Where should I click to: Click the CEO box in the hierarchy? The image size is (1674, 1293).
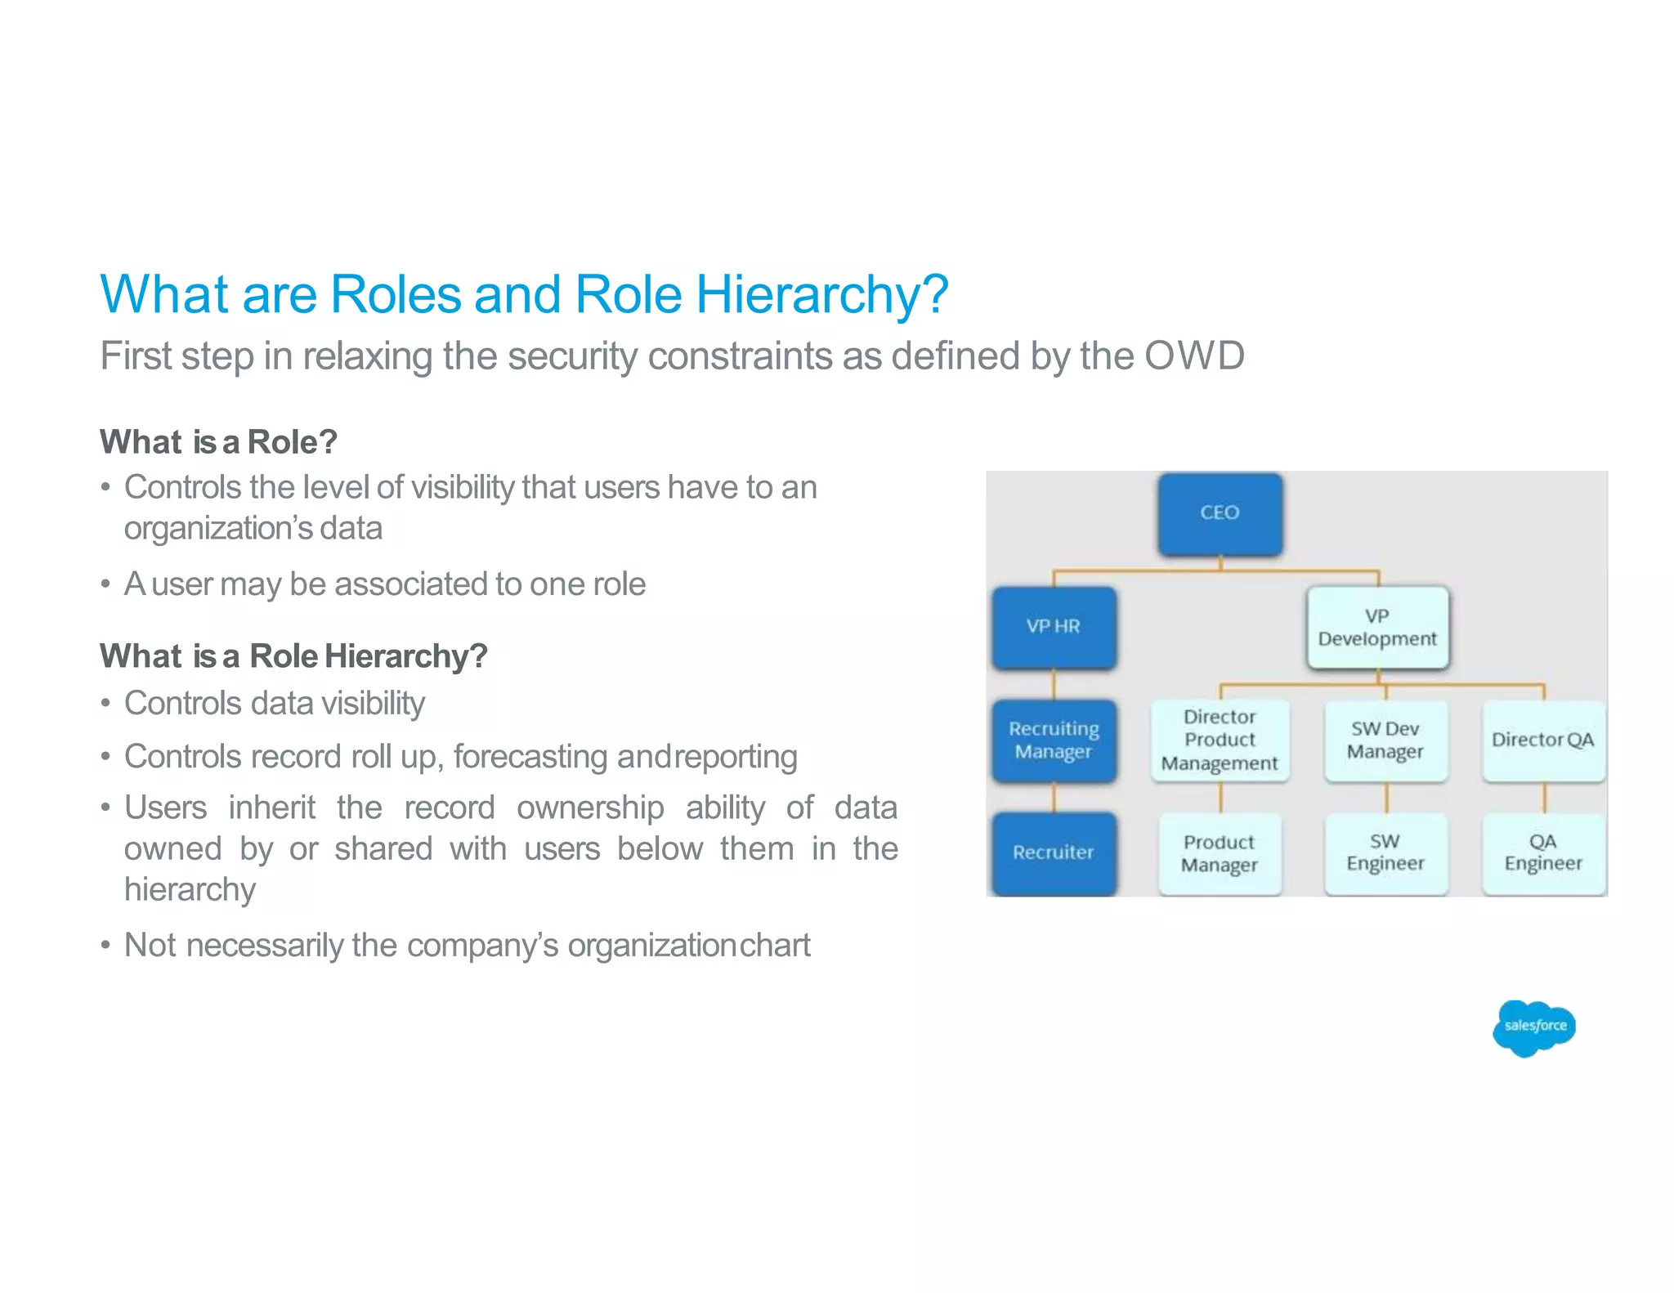click(x=1220, y=514)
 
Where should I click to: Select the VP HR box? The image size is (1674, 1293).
click(x=1054, y=627)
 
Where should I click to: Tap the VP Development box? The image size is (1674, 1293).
click(x=1377, y=628)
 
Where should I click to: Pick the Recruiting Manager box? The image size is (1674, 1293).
click(x=1054, y=740)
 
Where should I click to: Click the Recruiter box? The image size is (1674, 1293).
click(x=1054, y=852)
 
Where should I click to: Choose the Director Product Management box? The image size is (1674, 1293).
click(x=1220, y=740)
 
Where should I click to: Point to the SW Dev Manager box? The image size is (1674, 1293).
click(x=1385, y=740)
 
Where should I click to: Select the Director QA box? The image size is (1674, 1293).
click(x=1543, y=740)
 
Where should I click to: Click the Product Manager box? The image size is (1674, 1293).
click(x=1220, y=853)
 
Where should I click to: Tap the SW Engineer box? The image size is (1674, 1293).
click(x=1385, y=853)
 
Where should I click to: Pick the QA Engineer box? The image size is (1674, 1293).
click(x=1543, y=853)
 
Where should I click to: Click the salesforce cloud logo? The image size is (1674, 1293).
click(x=1534, y=1027)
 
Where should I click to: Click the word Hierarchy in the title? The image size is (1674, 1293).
click(x=821, y=294)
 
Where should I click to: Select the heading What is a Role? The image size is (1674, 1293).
click(x=218, y=442)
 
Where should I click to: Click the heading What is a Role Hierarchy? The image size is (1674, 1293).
click(x=293, y=656)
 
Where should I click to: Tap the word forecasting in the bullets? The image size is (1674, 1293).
click(x=530, y=757)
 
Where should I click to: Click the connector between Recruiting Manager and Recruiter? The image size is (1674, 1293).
click(x=1054, y=798)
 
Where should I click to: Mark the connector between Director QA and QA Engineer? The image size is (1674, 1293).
click(x=1544, y=798)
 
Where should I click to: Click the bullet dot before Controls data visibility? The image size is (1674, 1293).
click(x=105, y=705)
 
